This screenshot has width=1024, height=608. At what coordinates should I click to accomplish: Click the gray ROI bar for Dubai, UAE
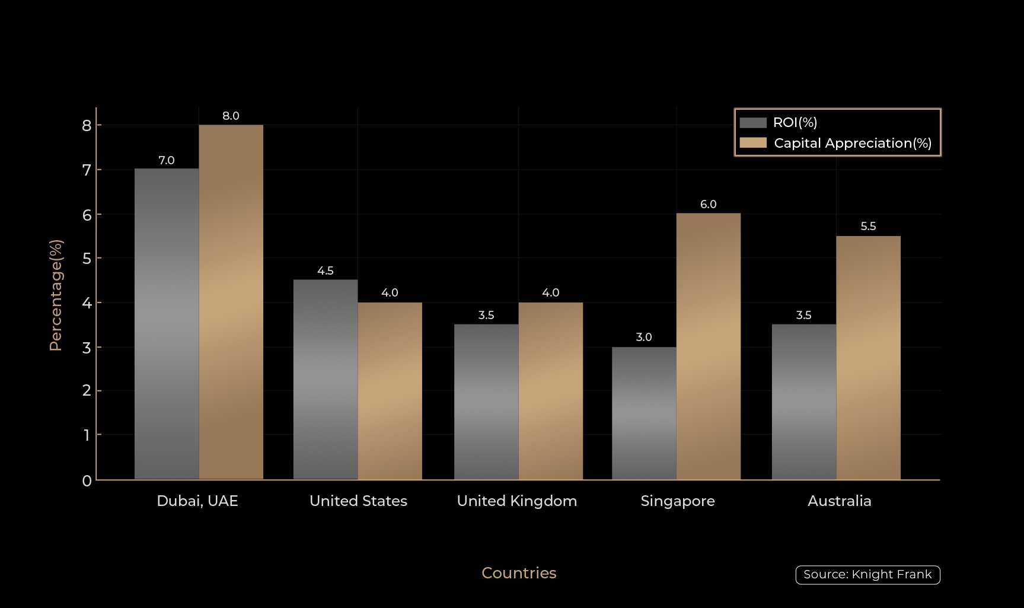[x=167, y=323]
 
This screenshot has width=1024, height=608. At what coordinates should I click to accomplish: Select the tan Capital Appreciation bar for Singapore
[x=708, y=346]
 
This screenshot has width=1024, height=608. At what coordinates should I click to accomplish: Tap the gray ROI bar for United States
[x=326, y=379]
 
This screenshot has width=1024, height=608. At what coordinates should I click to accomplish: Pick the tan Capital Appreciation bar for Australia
[x=868, y=357]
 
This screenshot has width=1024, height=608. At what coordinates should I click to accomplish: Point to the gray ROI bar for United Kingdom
[x=486, y=402]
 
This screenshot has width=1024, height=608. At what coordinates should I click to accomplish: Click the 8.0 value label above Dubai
[x=231, y=116]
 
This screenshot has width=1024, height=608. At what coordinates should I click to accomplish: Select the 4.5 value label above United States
[x=326, y=271]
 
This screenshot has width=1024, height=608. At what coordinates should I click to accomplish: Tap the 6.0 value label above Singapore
[x=708, y=205]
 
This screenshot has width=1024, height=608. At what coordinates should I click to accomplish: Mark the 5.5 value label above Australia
[x=868, y=227]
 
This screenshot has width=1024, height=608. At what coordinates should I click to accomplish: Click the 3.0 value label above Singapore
[x=644, y=338]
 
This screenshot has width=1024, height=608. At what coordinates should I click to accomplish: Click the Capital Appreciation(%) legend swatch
[x=753, y=143]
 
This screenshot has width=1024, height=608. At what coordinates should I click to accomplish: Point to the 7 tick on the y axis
[x=87, y=170]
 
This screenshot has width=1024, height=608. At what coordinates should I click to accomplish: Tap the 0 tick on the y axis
[x=87, y=480]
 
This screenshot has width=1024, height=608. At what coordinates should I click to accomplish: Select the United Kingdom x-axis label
[x=516, y=501]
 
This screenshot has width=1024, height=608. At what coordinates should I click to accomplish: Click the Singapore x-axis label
[x=678, y=501]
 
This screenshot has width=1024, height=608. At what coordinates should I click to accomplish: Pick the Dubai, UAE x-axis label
[x=197, y=501]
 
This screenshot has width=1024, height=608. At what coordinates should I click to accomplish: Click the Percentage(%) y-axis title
[x=56, y=295]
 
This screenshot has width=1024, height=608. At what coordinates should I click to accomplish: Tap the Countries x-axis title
[x=519, y=573]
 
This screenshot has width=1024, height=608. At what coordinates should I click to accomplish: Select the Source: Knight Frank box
[x=867, y=575]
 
